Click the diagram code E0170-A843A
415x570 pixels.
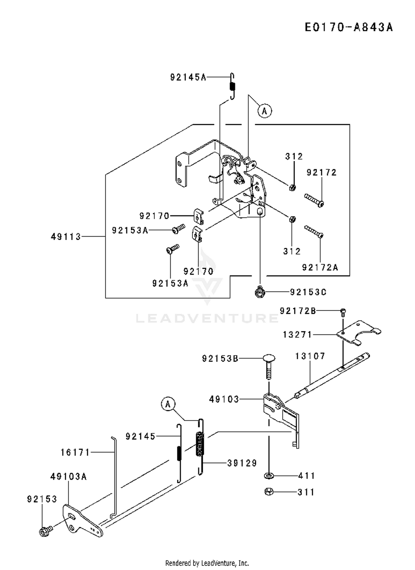click(349, 27)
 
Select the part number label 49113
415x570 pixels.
click(66, 237)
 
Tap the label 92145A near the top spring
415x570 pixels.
click(188, 77)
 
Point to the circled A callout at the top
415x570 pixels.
click(264, 111)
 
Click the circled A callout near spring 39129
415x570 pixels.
click(168, 404)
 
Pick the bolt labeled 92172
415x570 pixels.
click(314, 200)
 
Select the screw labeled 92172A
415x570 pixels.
click(314, 231)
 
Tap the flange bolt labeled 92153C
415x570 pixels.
click(260, 292)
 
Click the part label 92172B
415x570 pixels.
click(298, 311)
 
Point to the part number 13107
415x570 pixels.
click(310, 356)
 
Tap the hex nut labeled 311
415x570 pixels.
click(269, 492)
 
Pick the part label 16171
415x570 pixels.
click(75, 452)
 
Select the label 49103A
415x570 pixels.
click(69, 477)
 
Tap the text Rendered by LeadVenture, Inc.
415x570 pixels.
click(207, 563)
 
